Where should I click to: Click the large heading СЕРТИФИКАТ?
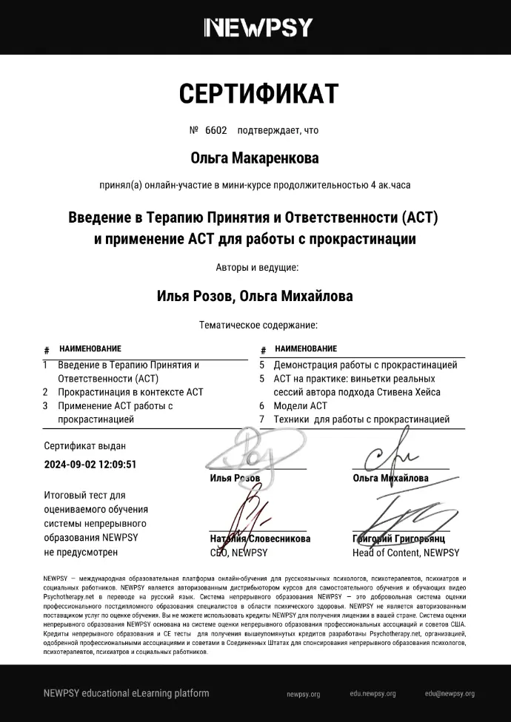258,94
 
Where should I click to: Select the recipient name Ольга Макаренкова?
255,158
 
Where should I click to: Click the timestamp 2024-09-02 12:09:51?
90,465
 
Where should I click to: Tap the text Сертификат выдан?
84,446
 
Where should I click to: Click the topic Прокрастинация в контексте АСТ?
130,392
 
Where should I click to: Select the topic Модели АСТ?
300,406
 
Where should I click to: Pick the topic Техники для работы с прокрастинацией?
361,419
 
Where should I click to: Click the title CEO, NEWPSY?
238,553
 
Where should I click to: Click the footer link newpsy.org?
303,695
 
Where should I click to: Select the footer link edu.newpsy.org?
373,695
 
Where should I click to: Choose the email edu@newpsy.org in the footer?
450,695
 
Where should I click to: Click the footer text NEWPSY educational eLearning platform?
126,694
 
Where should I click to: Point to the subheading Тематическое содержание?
258,325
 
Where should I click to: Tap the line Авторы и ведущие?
257,268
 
